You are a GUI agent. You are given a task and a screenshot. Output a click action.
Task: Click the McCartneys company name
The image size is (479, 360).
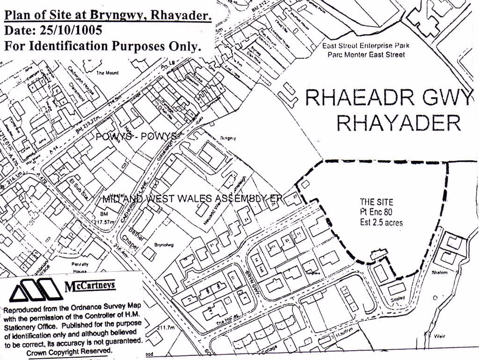(89, 286)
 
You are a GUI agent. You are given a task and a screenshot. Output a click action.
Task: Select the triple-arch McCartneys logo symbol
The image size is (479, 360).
(36, 289)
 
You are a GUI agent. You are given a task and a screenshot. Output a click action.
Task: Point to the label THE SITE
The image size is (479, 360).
(377, 202)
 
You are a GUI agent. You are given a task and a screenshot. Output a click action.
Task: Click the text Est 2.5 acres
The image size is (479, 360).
(381, 223)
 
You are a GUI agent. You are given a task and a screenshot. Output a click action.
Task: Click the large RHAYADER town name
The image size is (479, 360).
(399, 123)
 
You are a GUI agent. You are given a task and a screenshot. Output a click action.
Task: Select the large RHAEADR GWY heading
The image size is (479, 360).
(389, 97)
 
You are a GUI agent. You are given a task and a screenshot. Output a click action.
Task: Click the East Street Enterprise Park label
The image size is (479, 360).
(366, 46)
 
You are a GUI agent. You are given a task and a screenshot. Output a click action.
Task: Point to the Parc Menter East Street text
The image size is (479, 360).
(366, 55)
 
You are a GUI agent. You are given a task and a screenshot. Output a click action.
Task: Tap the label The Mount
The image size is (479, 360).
(108, 73)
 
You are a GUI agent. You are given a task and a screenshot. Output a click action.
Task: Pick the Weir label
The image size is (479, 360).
(440, 336)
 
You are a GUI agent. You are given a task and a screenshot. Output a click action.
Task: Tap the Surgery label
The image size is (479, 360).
(228, 138)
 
